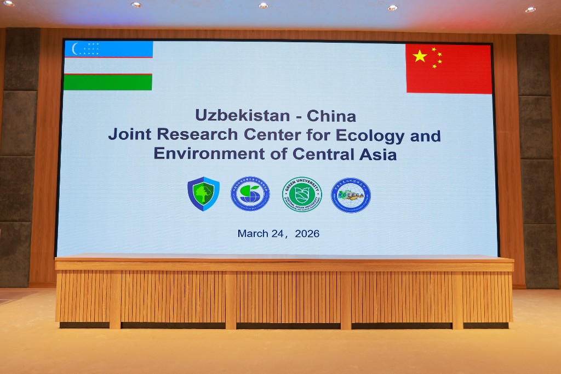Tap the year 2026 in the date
pyautogui.click(x=307, y=234)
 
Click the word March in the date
pyautogui.click(x=253, y=234)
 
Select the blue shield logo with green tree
pyautogui.click(x=203, y=194)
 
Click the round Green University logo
pyautogui.click(x=302, y=194)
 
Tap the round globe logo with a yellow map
pyautogui.click(x=351, y=195)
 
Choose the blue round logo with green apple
pyautogui.click(x=250, y=194)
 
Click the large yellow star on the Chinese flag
pyautogui.click(x=420, y=56)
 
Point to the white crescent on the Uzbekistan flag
pyautogui.click(x=76, y=49)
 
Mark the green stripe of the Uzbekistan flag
pyautogui.click(x=107, y=82)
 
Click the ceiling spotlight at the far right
pyautogui.click(x=530, y=9)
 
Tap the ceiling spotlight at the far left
pyautogui.click(x=8, y=3)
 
